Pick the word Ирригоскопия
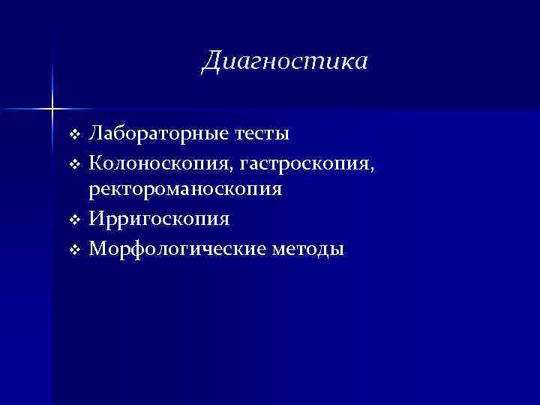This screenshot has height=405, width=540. coord(159,219)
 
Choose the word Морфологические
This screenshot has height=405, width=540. coord(181,247)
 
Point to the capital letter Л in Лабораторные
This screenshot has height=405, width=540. coord(95,135)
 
